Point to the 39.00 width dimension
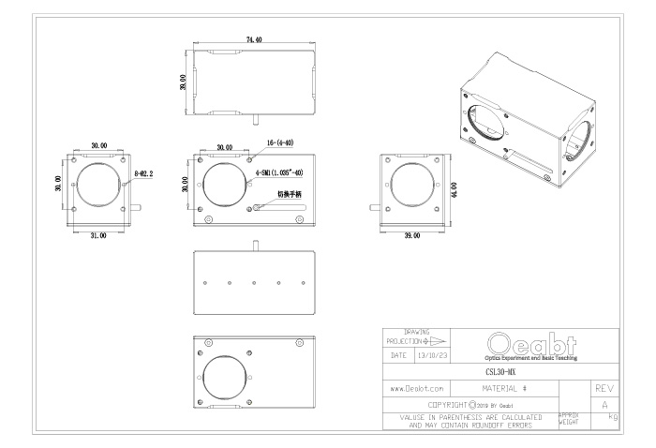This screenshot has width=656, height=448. pyautogui.click(x=410, y=234)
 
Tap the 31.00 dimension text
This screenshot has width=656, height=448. pyautogui.click(x=97, y=234)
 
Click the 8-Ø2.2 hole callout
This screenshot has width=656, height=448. pyautogui.click(x=145, y=175)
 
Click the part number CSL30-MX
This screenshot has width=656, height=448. pyautogui.click(x=505, y=370)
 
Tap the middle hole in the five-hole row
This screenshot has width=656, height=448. pyautogui.click(x=255, y=279)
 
